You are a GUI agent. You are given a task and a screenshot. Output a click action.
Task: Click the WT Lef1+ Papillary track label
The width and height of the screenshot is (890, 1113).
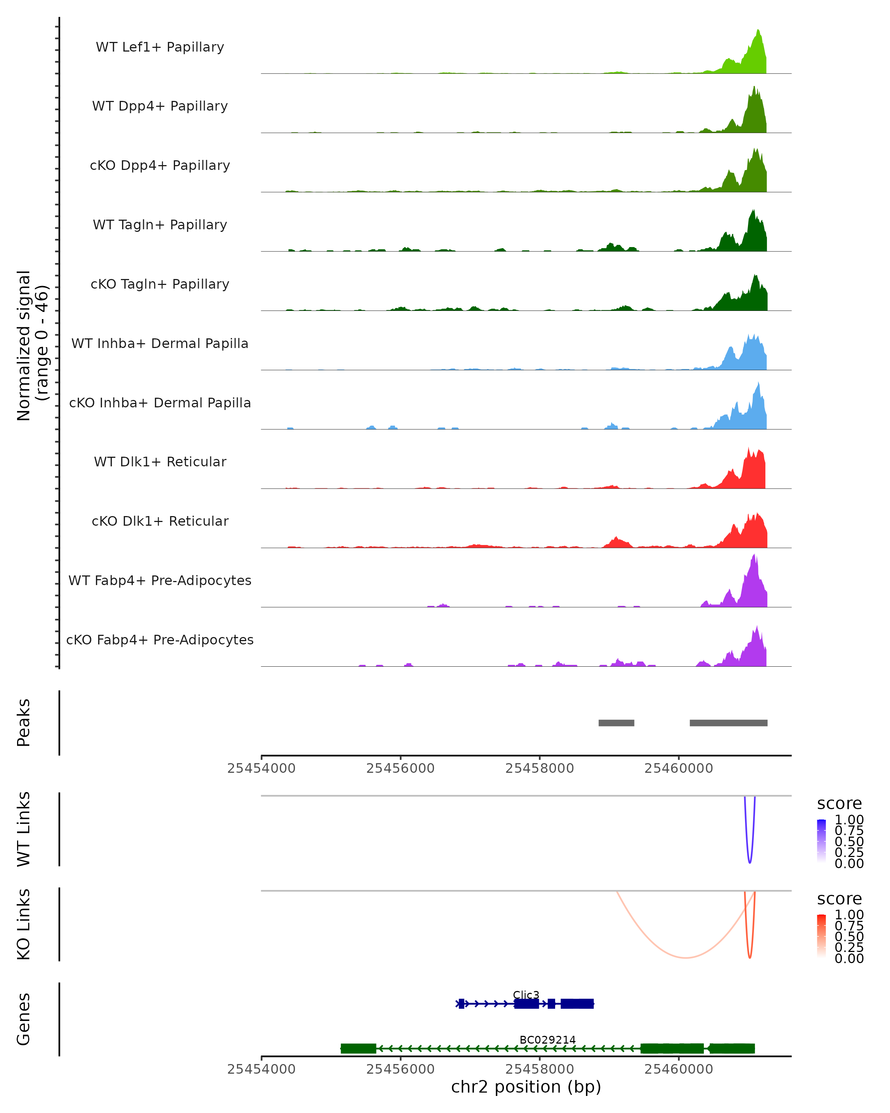(160, 47)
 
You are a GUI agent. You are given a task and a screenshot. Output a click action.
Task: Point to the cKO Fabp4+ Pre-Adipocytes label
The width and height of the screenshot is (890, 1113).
(160, 640)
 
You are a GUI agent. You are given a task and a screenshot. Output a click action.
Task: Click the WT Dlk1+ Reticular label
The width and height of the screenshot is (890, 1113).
(160, 462)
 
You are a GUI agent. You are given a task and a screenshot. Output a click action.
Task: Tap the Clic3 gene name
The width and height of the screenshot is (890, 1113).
(526, 995)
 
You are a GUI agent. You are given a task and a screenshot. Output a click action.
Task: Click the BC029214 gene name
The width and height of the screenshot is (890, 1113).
(547, 1040)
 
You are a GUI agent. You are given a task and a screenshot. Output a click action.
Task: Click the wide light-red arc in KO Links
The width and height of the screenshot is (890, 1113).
(685, 958)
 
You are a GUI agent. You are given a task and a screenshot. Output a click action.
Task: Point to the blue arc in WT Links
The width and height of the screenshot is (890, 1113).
(750, 861)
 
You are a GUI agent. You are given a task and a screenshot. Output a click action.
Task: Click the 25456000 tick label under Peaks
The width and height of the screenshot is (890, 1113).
(400, 768)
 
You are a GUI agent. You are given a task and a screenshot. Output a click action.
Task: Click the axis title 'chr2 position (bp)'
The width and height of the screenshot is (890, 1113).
(526, 1087)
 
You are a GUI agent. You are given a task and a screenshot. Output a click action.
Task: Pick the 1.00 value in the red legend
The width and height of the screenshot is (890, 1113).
(849, 915)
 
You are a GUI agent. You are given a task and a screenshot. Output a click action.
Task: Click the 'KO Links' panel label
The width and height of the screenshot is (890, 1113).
(24, 925)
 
